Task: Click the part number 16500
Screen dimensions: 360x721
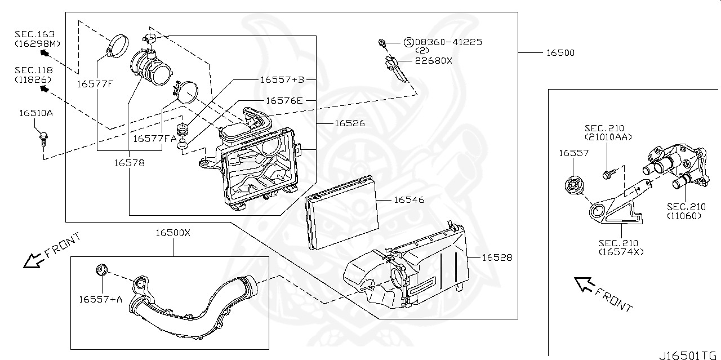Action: [560, 53]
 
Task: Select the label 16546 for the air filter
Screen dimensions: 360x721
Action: [409, 200]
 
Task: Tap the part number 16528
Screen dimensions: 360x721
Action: [497, 257]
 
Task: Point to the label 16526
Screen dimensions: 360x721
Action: [349, 123]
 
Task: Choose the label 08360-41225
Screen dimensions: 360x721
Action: [448, 42]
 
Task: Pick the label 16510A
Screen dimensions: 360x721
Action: [36, 113]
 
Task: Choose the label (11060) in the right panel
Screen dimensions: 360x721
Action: [684, 215]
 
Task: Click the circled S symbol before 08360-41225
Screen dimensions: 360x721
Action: [408, 42]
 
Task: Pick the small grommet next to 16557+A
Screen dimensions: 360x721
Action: [102, 270]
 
